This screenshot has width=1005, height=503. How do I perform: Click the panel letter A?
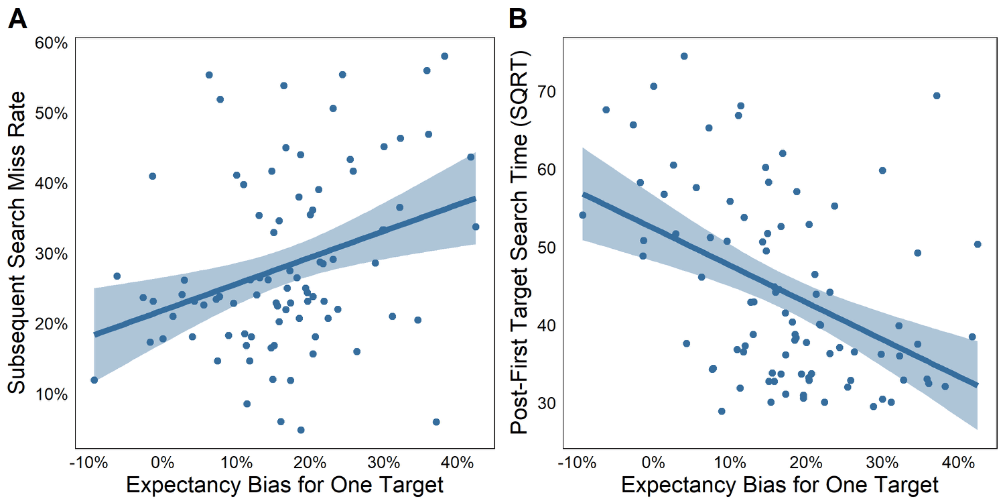coord(17,19)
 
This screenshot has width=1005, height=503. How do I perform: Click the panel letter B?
coord(518,19)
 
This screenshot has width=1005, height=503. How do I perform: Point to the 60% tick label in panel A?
coord(52,44)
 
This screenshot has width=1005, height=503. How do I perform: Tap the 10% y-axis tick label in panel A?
coord(52,395)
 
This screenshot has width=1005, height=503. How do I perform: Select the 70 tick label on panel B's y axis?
coord(546,92)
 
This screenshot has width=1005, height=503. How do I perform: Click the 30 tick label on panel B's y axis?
coord(546,404)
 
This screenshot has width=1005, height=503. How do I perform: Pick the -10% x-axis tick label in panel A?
coord(88,463)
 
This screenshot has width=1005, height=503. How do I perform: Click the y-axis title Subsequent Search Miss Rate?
coord(17,243)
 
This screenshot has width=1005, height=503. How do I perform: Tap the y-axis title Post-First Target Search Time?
coord(519,243)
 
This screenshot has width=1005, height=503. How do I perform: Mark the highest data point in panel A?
coord(445,56)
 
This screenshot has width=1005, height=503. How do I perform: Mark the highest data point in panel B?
coord(684,56)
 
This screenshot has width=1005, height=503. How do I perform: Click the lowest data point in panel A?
coord(301,431)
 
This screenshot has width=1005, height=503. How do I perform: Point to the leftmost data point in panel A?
coord(94,380)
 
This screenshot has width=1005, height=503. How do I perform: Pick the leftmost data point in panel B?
coord(583,215)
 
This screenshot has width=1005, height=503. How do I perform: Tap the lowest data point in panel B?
coord(722,411)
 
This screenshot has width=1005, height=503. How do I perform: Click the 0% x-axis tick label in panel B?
coord(653,463)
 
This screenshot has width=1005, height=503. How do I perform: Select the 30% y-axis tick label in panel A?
coord(52,254)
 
